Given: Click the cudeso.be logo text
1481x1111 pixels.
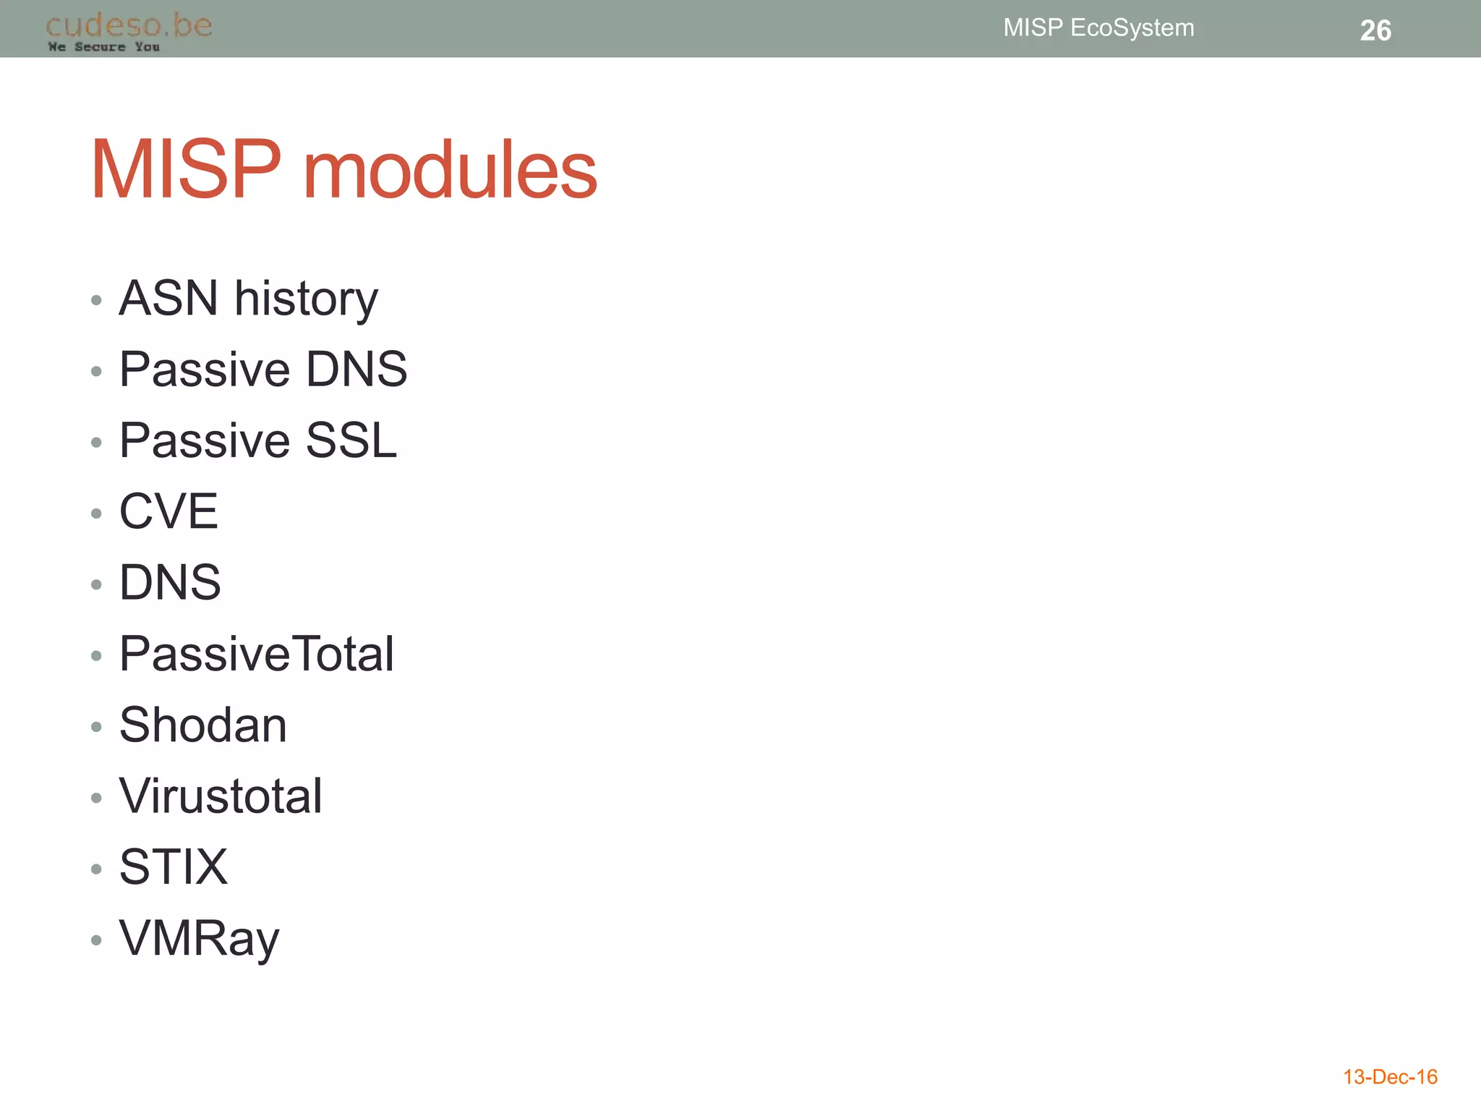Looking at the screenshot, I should point(129,25).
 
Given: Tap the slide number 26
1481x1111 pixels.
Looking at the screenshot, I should point(1375,30).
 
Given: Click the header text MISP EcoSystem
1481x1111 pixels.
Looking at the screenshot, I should point(1098,27).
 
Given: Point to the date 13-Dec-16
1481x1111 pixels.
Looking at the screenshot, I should point(1390,1077).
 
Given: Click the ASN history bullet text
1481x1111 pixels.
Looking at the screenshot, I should point(248,298).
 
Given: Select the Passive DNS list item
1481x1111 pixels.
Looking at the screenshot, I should point(263,369).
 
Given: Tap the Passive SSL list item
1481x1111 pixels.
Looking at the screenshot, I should point(257,440).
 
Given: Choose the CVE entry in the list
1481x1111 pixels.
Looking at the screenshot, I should point(168,511).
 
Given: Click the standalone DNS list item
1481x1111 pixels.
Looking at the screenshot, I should point(170,582).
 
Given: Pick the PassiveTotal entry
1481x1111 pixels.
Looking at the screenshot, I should point(256,653).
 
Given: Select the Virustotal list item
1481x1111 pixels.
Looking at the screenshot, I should point(221,796).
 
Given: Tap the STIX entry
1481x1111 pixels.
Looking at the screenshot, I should point(173,867).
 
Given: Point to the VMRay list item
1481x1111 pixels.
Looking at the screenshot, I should point(199,938).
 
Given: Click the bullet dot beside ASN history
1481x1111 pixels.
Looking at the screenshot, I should point(96,300).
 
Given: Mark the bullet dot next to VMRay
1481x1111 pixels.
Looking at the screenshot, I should point(96,940).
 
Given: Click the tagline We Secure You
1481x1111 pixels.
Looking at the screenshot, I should point(103,47).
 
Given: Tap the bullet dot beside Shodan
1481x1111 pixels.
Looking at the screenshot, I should point(96,727).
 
